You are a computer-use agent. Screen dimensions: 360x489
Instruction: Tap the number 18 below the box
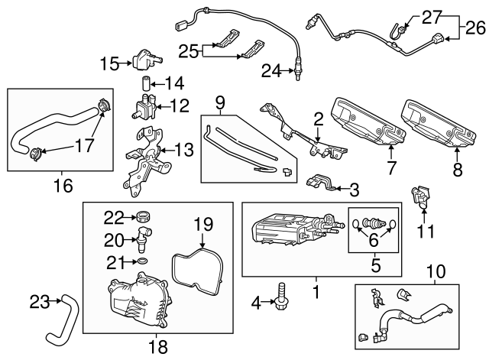[x=158, y=346]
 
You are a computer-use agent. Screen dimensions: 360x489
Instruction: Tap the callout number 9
[x=220, y=102]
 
